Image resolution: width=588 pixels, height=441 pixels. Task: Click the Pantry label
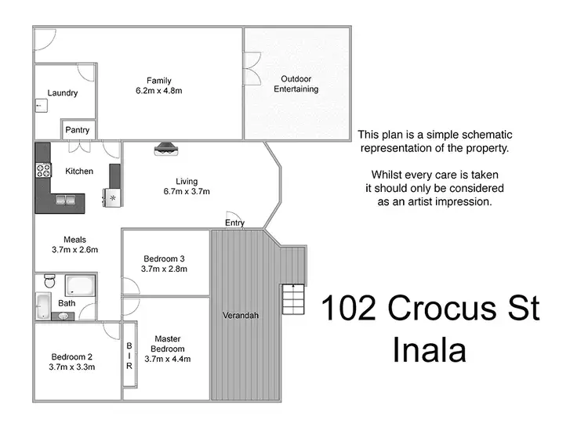[78, 130]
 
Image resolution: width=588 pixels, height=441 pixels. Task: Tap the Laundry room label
[63, 93]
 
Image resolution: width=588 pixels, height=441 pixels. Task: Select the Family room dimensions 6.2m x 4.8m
[159, 91]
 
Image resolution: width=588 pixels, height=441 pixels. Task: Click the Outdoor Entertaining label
[296, 84]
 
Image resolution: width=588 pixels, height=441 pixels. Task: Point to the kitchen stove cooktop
[42, 169]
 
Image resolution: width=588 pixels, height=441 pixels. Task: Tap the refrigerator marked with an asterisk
[112, 197]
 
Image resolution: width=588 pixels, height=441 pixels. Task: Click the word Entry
[234, 223]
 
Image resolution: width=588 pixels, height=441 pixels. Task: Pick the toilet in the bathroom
[48, 281]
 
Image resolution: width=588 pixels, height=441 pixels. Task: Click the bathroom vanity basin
[63, 316]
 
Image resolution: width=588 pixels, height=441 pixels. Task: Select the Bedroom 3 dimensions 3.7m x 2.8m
[165, 269]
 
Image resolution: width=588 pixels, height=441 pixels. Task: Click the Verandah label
[240, 316]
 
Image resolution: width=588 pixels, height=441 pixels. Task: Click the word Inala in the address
[430, 349]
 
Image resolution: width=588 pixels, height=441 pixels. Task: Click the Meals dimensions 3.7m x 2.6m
[75, 251]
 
